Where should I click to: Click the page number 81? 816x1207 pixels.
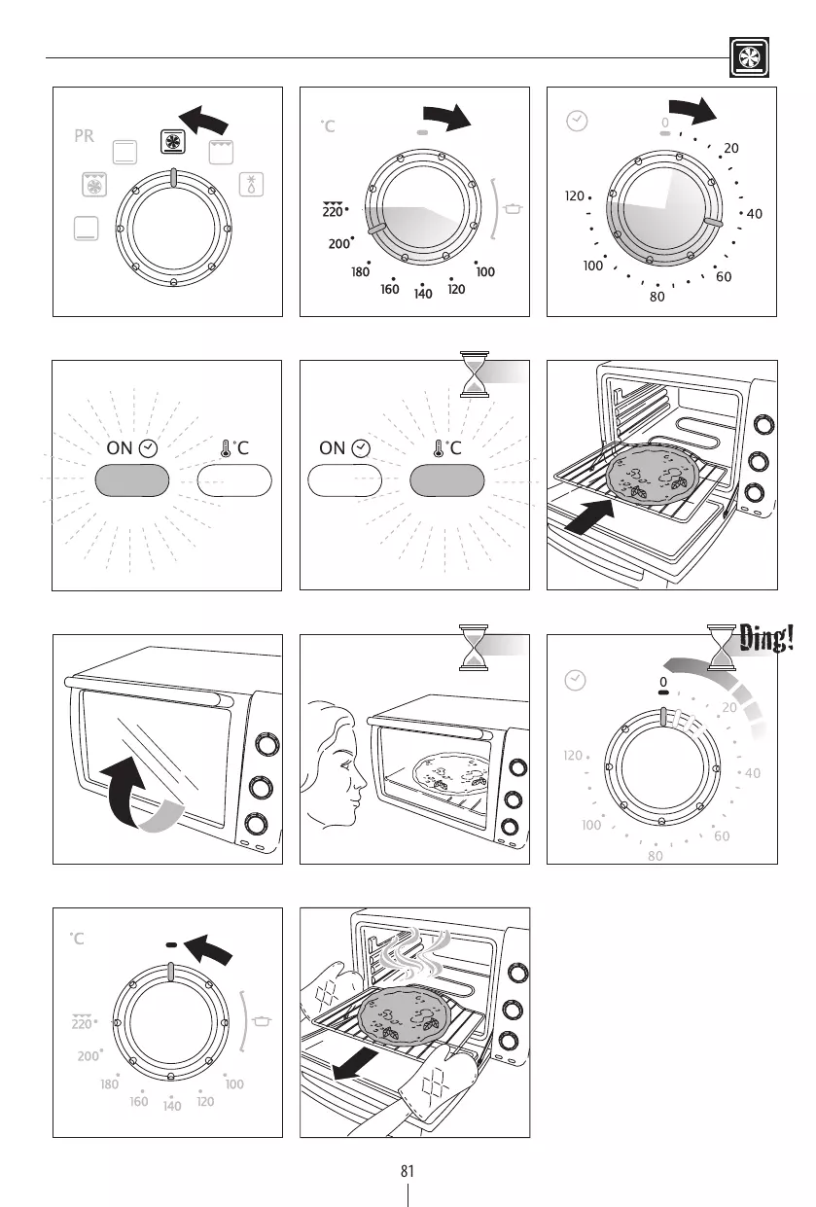tap(407, 1171)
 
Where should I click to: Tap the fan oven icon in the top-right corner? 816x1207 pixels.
tap(749, 57)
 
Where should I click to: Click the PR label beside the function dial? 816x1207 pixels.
tap(84, 136)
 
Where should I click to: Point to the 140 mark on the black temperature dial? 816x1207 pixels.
tap(423, 294)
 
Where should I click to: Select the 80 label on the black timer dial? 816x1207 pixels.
tap(657, 297)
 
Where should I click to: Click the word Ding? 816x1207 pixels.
tap(765, 639)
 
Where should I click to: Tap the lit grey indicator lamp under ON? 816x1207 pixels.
tap(132, 480)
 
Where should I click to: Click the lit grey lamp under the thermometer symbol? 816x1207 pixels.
tap(446, 480)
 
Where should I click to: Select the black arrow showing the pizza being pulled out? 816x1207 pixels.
tap(355, 1065)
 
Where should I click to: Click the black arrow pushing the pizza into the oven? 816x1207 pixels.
tap(590, 516)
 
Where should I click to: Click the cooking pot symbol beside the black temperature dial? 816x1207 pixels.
tap(513, 208)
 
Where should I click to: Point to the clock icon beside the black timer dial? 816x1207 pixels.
tap(577, 121)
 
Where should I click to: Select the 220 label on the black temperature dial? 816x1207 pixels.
tap(333, 210)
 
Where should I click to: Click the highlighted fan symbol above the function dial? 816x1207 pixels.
tap(173, 142)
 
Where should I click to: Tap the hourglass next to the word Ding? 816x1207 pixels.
tap(721, 647)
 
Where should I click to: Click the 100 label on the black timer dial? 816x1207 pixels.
tap(593, 266)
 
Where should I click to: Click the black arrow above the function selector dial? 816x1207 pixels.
tap(203, 120)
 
